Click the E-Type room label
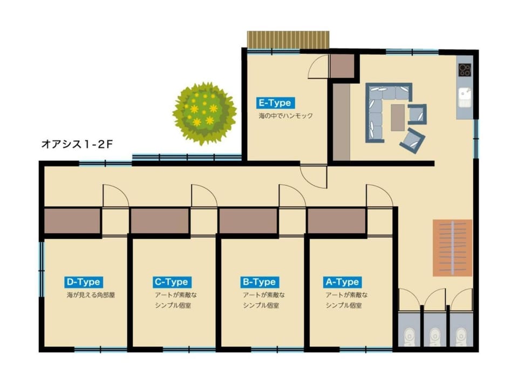tap(275, 103)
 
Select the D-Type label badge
tap(84, 282)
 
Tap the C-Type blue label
tap(172, 282)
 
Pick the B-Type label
tap(260, 282)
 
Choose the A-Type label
tap(342, 282)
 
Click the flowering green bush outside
tap(205, 113)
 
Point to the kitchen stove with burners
tap(465, 70)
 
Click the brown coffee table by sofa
tap(398, 118)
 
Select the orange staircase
tap(453, 248)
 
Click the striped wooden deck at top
tap(288, 39)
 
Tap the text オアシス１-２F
tap(77, 144)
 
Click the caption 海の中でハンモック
tap(285, 116)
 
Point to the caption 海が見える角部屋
tap(91, 295)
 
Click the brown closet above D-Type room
tap(72, 222)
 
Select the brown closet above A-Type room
tap(337, 222)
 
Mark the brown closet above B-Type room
tap(248, 222)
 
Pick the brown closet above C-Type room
tap(160, 222)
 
